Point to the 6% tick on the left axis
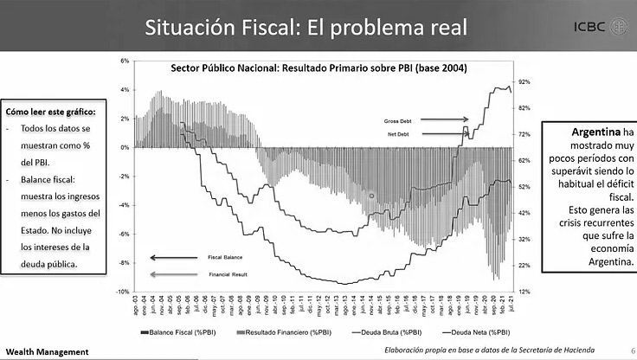pos(125,61)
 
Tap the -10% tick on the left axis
pos(124,292)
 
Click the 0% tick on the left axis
pos(125,148)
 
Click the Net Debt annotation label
pos(398,135)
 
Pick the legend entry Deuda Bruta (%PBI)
pos(387,331)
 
